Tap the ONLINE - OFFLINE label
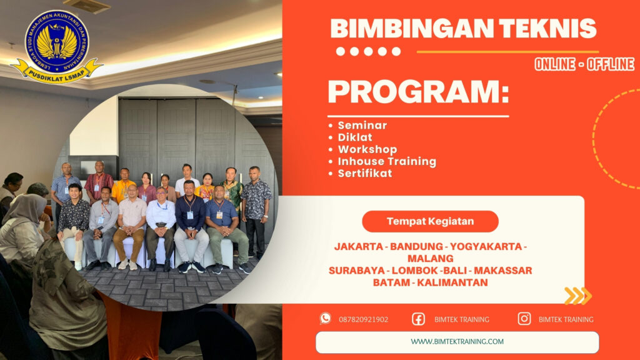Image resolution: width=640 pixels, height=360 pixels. pos(584,64)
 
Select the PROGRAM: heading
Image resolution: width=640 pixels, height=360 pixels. pos(417,93)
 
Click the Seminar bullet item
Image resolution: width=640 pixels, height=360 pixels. pos(362,125)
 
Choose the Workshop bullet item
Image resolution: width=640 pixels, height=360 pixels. pos(367,149)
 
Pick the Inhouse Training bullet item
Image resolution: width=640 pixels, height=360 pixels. pos(386,161)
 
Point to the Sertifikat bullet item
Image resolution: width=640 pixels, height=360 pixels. pos(364,173)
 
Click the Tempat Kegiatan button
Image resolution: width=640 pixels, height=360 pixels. pos(430,221)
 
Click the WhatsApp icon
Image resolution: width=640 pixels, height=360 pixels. pos(325,319)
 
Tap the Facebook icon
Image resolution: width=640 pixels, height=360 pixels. pos(418,319)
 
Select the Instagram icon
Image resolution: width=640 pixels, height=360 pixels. pos(524,319)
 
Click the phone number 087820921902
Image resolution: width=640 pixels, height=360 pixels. pos(363,319)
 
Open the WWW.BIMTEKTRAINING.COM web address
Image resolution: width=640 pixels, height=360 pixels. pos(457,341)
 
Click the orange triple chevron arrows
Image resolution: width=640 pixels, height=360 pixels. pos(577,296)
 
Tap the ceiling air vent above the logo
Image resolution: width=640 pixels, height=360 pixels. pos(86,6)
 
